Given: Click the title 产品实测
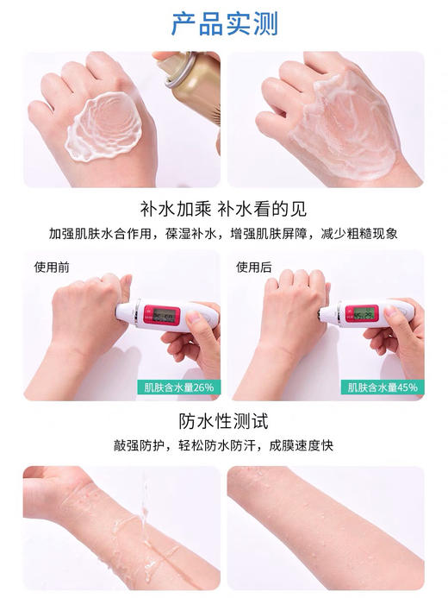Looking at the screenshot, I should coord(224,23).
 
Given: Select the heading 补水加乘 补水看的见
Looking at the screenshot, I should coord(224,210).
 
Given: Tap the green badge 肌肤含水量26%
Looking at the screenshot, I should coord(177,387).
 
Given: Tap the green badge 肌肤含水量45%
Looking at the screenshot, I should coord(383,387).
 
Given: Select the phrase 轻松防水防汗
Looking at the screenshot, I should coord(221,445).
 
